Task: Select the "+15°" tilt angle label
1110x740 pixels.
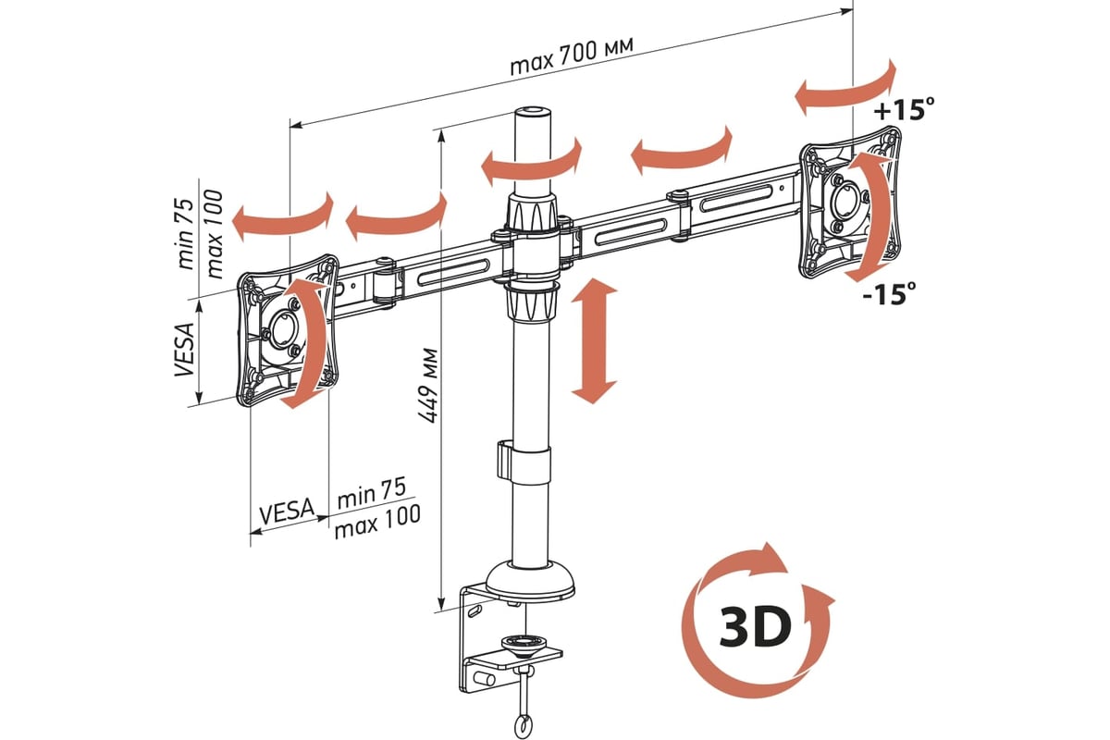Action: point(902,110)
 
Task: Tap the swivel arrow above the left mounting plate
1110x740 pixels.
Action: point(281,217)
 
